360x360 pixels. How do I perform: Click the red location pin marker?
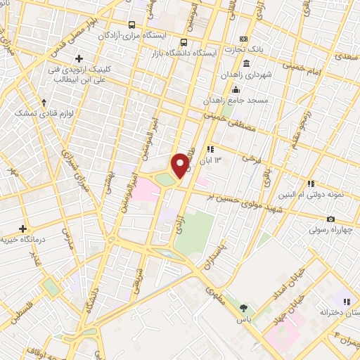tap(180, 165)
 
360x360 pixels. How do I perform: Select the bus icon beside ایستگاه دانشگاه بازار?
tap(184, 41)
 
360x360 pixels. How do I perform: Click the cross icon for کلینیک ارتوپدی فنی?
tap(79, 58)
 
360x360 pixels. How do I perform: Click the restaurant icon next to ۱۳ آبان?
tap(210, 149)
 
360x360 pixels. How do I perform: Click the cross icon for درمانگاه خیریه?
tap(23, 229)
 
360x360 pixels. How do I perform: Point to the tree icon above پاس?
tap(243, 308)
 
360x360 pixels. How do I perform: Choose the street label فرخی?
tap(251, 158)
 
